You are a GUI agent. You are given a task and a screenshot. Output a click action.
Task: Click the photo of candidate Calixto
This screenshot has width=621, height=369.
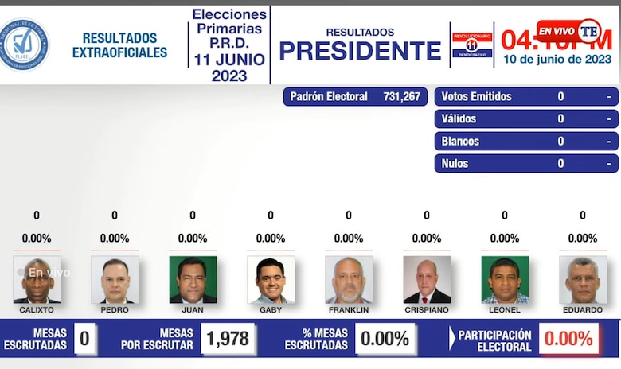(37, 279)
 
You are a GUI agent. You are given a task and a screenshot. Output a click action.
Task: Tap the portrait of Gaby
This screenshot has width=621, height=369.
(271, 279)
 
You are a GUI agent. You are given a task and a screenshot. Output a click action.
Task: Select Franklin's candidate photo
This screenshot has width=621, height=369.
(349, 279)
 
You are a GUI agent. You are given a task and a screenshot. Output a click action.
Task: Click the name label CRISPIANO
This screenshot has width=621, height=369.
(427, 310)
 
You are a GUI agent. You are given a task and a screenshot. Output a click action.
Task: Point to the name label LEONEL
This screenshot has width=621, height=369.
(505, 310)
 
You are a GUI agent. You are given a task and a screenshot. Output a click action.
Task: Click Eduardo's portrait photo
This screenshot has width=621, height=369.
(583, 279)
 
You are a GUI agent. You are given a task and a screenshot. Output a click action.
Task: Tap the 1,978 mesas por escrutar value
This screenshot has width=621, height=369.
(228, 339)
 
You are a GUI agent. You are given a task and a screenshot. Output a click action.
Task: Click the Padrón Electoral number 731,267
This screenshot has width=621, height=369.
(400, 96)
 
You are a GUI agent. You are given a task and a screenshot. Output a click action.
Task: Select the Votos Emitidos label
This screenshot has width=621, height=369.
(476, 96)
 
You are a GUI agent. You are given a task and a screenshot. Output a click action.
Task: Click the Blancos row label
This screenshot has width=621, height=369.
(460, 141)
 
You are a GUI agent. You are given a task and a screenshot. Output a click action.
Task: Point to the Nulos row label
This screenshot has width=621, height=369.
(455, 163)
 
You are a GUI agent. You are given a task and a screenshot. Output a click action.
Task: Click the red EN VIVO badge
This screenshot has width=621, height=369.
(557, 30)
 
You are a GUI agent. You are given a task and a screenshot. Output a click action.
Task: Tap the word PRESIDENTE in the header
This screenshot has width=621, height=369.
(360, 51)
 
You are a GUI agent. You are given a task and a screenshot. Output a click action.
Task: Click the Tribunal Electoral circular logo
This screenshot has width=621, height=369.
(23, 45)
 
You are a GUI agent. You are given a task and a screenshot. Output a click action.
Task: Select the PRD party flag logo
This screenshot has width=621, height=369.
(471, 45)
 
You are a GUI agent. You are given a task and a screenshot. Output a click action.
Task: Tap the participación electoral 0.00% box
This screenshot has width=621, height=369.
(569, 339)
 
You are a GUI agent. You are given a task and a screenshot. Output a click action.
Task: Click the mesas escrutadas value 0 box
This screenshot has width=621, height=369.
(84, 339)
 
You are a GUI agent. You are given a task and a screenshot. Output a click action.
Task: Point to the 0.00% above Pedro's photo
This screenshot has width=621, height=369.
(115, 238)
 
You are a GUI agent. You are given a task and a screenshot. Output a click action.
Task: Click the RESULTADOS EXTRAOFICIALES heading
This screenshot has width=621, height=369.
(119, 45)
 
